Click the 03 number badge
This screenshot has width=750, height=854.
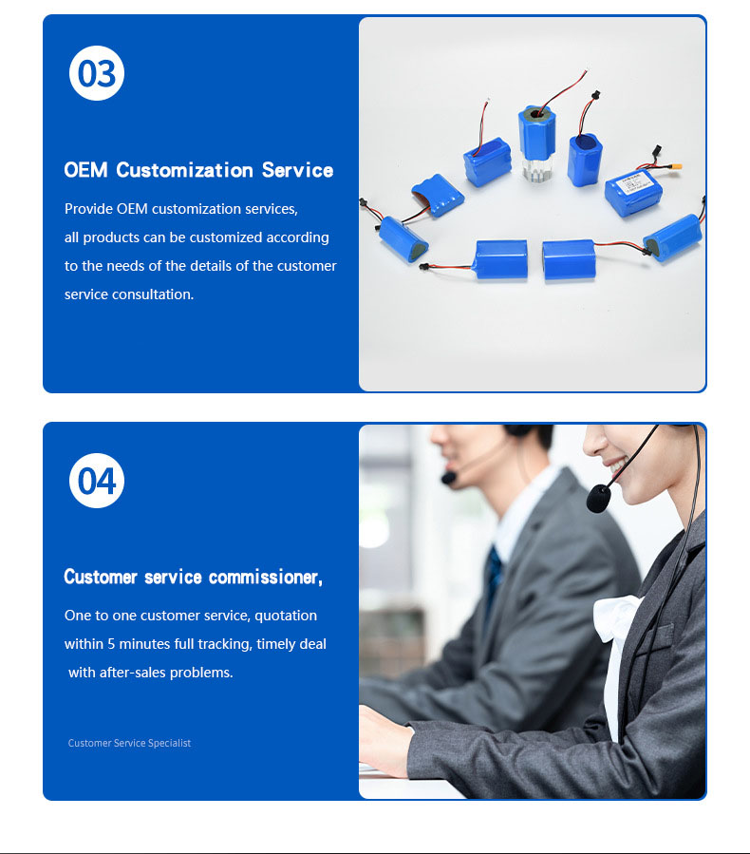(x=97, y=73)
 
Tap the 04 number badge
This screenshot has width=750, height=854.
(x=97, y=481)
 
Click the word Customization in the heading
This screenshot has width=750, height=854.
(x=184, y=170)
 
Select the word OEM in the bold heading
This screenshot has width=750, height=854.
(x=85, y=170)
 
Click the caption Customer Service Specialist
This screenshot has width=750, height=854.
(x=129, y=743)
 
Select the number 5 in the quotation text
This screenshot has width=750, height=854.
(x=111, y=644)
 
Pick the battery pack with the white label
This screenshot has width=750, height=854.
(x=633, y=193)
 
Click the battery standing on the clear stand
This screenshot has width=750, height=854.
(x=536, y=132)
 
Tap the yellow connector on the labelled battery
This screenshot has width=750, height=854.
(x=675, y=166)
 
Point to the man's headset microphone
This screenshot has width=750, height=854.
(x=448, y=478)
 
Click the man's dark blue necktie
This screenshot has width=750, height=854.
(x=494, y=579)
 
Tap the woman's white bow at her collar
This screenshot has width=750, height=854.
(x=618, y=618)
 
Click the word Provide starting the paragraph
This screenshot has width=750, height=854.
(x=88, y=209)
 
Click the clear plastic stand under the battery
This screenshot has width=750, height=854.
(x=537, y=169)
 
